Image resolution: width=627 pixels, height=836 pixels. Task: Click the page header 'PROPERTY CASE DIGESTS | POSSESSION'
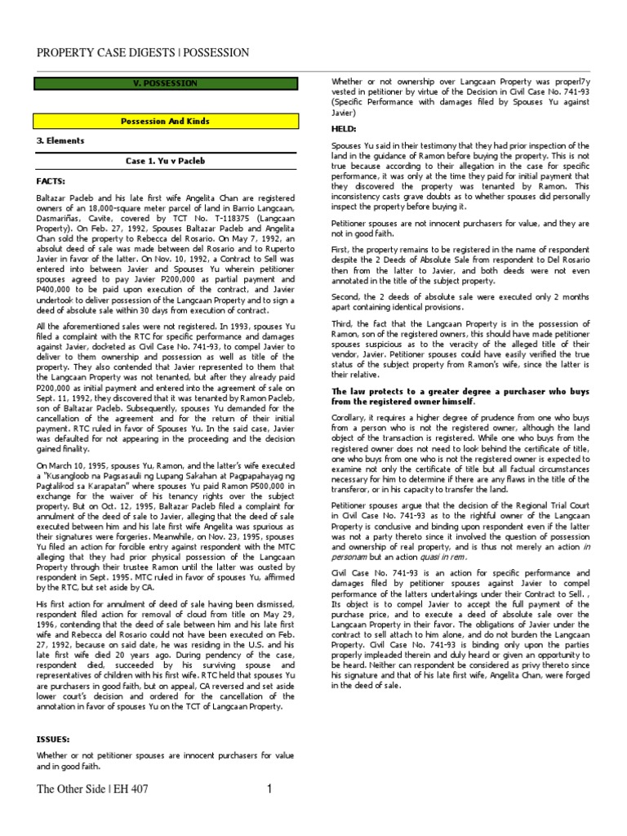143,53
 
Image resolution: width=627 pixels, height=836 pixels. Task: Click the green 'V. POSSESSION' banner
165,83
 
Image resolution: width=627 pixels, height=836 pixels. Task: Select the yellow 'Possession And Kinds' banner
165,121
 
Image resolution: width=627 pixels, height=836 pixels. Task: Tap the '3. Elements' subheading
60,140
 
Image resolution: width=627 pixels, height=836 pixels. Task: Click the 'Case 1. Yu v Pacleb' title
165,161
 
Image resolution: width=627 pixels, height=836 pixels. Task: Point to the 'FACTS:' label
51,180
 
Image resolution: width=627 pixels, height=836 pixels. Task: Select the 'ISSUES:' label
54,739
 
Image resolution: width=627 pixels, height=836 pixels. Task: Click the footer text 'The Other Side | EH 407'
92,789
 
